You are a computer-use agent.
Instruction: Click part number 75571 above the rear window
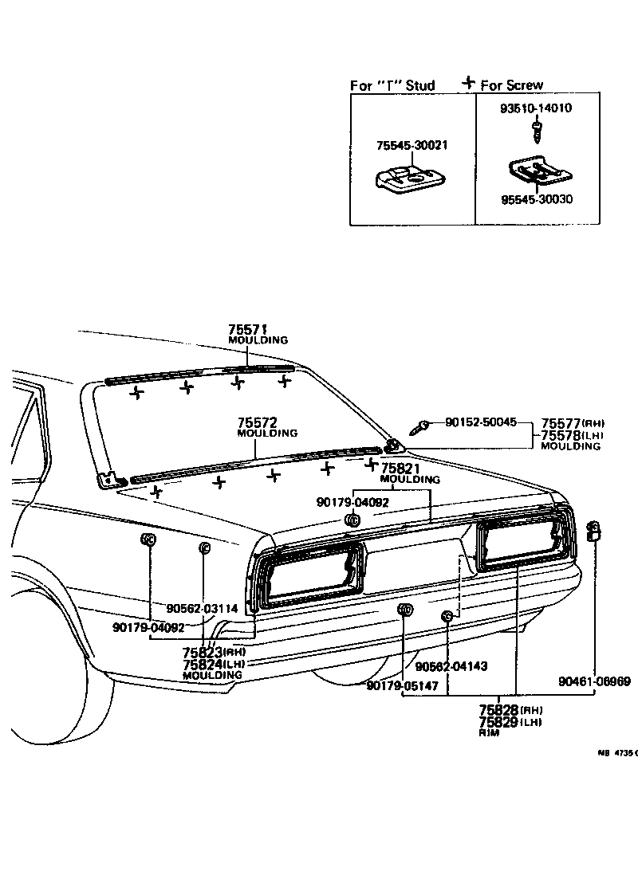coord(247,329)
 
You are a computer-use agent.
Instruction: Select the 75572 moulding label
coord(256,422)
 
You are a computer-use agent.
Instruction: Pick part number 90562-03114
coord(203,608)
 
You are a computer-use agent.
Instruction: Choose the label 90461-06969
coord(594,681)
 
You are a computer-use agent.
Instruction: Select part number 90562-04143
coord(451,665)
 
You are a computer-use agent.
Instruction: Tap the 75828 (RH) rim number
coord(498,709)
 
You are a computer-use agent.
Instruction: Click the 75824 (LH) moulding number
coord(203,664)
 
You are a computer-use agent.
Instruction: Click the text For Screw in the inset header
coord(513,85)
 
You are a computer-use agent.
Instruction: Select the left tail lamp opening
coord(309,575)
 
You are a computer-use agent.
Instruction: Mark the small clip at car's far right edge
coord(593,530)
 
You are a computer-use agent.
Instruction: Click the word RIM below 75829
coord(489,732)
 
